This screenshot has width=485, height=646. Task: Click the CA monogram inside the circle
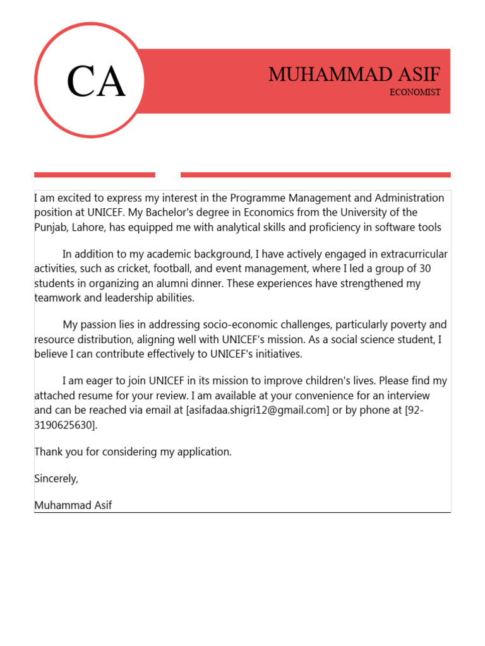(x=96, y=82)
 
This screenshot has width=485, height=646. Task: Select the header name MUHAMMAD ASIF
(x=354, y=74)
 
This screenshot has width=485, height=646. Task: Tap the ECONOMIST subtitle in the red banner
(x=415, y=92)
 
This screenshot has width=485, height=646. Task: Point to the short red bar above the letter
(x=95, y=175)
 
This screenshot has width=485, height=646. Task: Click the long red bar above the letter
(x=315, y=175)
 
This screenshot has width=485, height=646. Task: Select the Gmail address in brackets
(x=257, y=411)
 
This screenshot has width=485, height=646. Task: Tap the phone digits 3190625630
(x=64, y=425)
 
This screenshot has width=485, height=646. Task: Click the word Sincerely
(x=56, y=478)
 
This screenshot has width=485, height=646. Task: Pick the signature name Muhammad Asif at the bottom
(x=73, y=505)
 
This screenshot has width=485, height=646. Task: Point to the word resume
(x=99, y=396)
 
